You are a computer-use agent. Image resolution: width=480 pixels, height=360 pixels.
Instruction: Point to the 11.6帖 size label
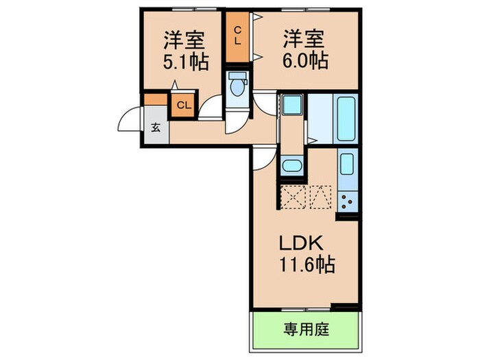305,265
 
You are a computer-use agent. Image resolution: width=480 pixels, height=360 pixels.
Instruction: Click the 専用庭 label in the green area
307,330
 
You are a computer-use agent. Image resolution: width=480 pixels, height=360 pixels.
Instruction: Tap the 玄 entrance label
156,128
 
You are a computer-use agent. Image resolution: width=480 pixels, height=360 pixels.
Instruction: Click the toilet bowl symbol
238,86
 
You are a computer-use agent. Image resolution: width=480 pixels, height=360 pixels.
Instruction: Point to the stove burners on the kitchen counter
346,202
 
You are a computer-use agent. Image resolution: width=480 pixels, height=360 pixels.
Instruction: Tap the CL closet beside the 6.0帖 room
238,34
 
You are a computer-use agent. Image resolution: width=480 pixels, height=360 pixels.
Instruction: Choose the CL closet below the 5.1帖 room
183,106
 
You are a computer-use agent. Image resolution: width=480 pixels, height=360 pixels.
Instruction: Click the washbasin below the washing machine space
291,166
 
